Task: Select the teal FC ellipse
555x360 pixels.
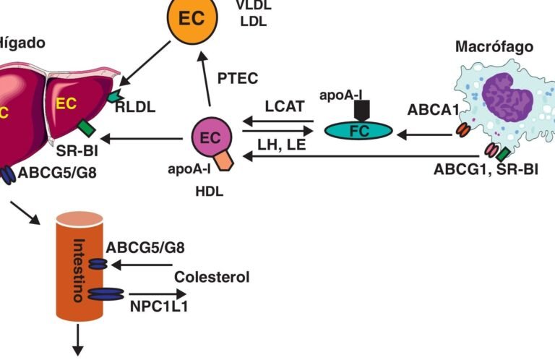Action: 359,130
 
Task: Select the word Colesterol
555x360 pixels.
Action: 212,277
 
